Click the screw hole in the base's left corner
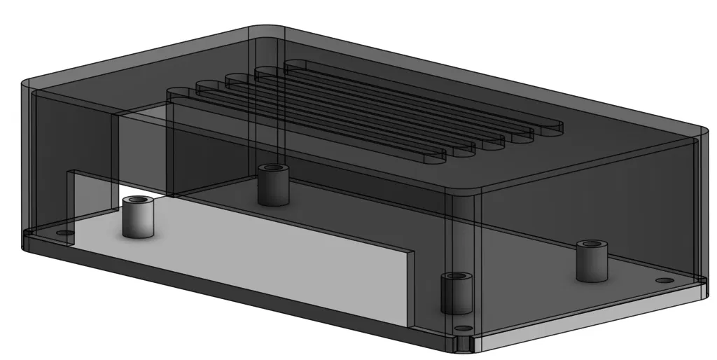[64, 232]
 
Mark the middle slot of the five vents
[364, 109]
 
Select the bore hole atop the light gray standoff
[138, 202]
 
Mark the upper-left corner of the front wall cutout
[69, 172]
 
